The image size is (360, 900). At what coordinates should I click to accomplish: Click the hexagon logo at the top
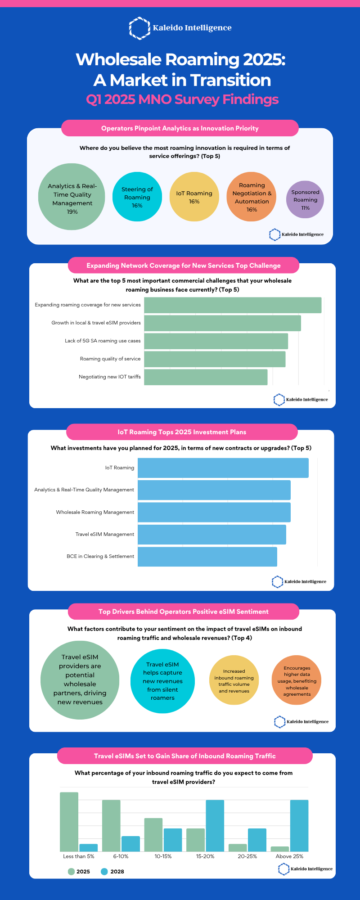tap(139, 28)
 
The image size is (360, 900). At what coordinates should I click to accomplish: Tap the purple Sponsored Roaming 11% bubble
tap(305, 200)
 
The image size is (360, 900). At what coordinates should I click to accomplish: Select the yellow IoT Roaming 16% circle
tap(194, 197)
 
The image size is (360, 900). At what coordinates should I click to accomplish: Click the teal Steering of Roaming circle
tap(137, 197)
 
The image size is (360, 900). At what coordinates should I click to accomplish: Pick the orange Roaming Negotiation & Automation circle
tap(252, 197)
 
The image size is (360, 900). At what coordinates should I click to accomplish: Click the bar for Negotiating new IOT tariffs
tap(206, 377)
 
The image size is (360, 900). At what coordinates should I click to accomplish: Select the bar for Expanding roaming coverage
tap(233, 305)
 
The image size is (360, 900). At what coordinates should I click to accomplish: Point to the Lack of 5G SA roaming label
tap(103, 341)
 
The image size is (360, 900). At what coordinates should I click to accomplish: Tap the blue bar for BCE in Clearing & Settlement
tap(207, 557)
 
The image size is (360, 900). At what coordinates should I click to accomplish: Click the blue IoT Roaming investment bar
tap(223, 468)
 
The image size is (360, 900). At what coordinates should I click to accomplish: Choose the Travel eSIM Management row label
tap(105, 534)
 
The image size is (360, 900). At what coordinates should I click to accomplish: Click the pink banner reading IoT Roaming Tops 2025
tap(182, 432)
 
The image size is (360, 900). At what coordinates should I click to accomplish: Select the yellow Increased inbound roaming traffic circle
tap(234, 680)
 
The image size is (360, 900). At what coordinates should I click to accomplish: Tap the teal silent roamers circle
tap(162, 681)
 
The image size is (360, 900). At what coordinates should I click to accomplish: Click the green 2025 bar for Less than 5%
tap(69, 822)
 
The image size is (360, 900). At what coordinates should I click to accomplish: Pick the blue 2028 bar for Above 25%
tap(299, 826)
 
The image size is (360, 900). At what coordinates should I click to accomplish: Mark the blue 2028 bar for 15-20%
tap(215, 826)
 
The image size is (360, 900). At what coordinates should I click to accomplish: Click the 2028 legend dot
tap(104, 872)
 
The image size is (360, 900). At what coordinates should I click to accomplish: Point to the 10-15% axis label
tap(163, 856)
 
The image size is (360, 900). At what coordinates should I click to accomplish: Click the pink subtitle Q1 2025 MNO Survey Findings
tap(182, 99)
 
